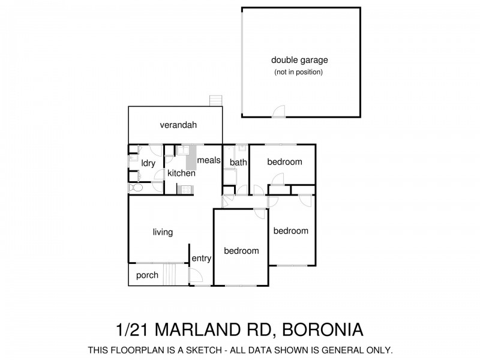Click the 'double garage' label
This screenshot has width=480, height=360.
299,60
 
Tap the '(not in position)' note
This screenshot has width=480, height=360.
299,73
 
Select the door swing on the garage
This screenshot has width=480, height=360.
279,112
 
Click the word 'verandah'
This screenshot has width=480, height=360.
178,125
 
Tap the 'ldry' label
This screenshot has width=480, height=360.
148,163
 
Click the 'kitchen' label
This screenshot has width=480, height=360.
181,173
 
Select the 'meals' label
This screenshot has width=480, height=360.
209,160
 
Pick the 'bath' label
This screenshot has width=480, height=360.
238,162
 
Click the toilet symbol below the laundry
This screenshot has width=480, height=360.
136,188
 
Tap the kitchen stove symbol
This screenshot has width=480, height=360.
185,190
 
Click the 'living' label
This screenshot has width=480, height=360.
163,232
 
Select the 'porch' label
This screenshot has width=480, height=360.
148,275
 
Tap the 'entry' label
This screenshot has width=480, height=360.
201,259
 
